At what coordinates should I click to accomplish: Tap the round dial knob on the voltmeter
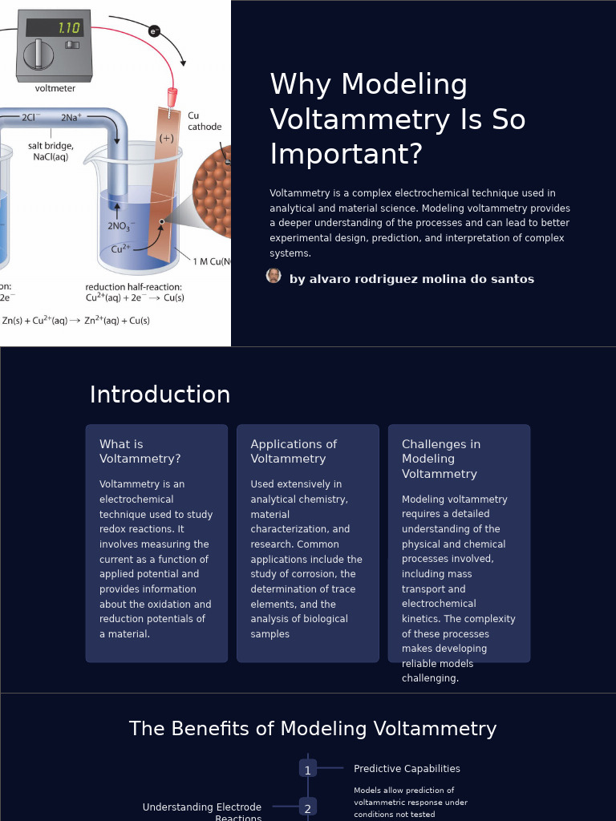(x=38, y=55)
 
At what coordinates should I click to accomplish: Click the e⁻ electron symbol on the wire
(x=154, y=31)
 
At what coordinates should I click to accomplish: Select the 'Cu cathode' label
(x=205, y=121)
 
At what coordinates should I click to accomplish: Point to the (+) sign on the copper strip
(x=166, y=138)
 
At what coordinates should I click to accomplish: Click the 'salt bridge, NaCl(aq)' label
(x=51, y=152)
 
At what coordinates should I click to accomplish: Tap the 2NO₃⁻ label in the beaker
(x=121, y=226)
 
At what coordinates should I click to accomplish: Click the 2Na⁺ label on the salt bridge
(x=71, y=118)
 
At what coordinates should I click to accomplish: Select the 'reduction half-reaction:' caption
(x=133, y=287)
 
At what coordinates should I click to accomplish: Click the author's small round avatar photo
(x=274, y=276)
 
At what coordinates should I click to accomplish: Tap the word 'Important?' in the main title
(x=346, y=154)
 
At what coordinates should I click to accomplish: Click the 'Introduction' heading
(x=160, y=395)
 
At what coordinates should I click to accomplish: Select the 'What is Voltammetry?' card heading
(x=140, y=451)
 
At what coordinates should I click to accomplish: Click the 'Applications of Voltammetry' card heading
(x=294, y=451)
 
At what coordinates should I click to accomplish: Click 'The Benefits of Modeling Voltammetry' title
(x=313, y=729)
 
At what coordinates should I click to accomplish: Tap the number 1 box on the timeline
(x=307, y=769)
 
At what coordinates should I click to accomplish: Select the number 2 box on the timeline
(x=307, y=807)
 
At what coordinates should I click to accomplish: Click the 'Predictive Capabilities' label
(x=407, y=769)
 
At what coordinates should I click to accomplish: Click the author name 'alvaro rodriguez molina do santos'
(x=411, y=279)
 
